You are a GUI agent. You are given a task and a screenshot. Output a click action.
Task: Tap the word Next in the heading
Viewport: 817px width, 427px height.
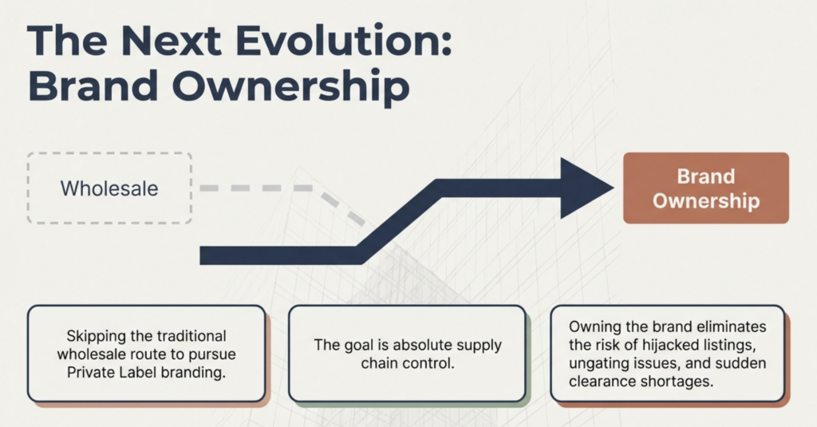click(x=171, y=40)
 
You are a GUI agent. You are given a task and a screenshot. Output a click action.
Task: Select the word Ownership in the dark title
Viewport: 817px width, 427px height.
click(x=290, y=87)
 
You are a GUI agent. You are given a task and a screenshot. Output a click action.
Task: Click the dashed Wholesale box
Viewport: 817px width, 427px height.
click(x=109, y=188)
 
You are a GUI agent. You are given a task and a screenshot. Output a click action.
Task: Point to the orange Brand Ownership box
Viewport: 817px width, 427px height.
click(x=706, y=188)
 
